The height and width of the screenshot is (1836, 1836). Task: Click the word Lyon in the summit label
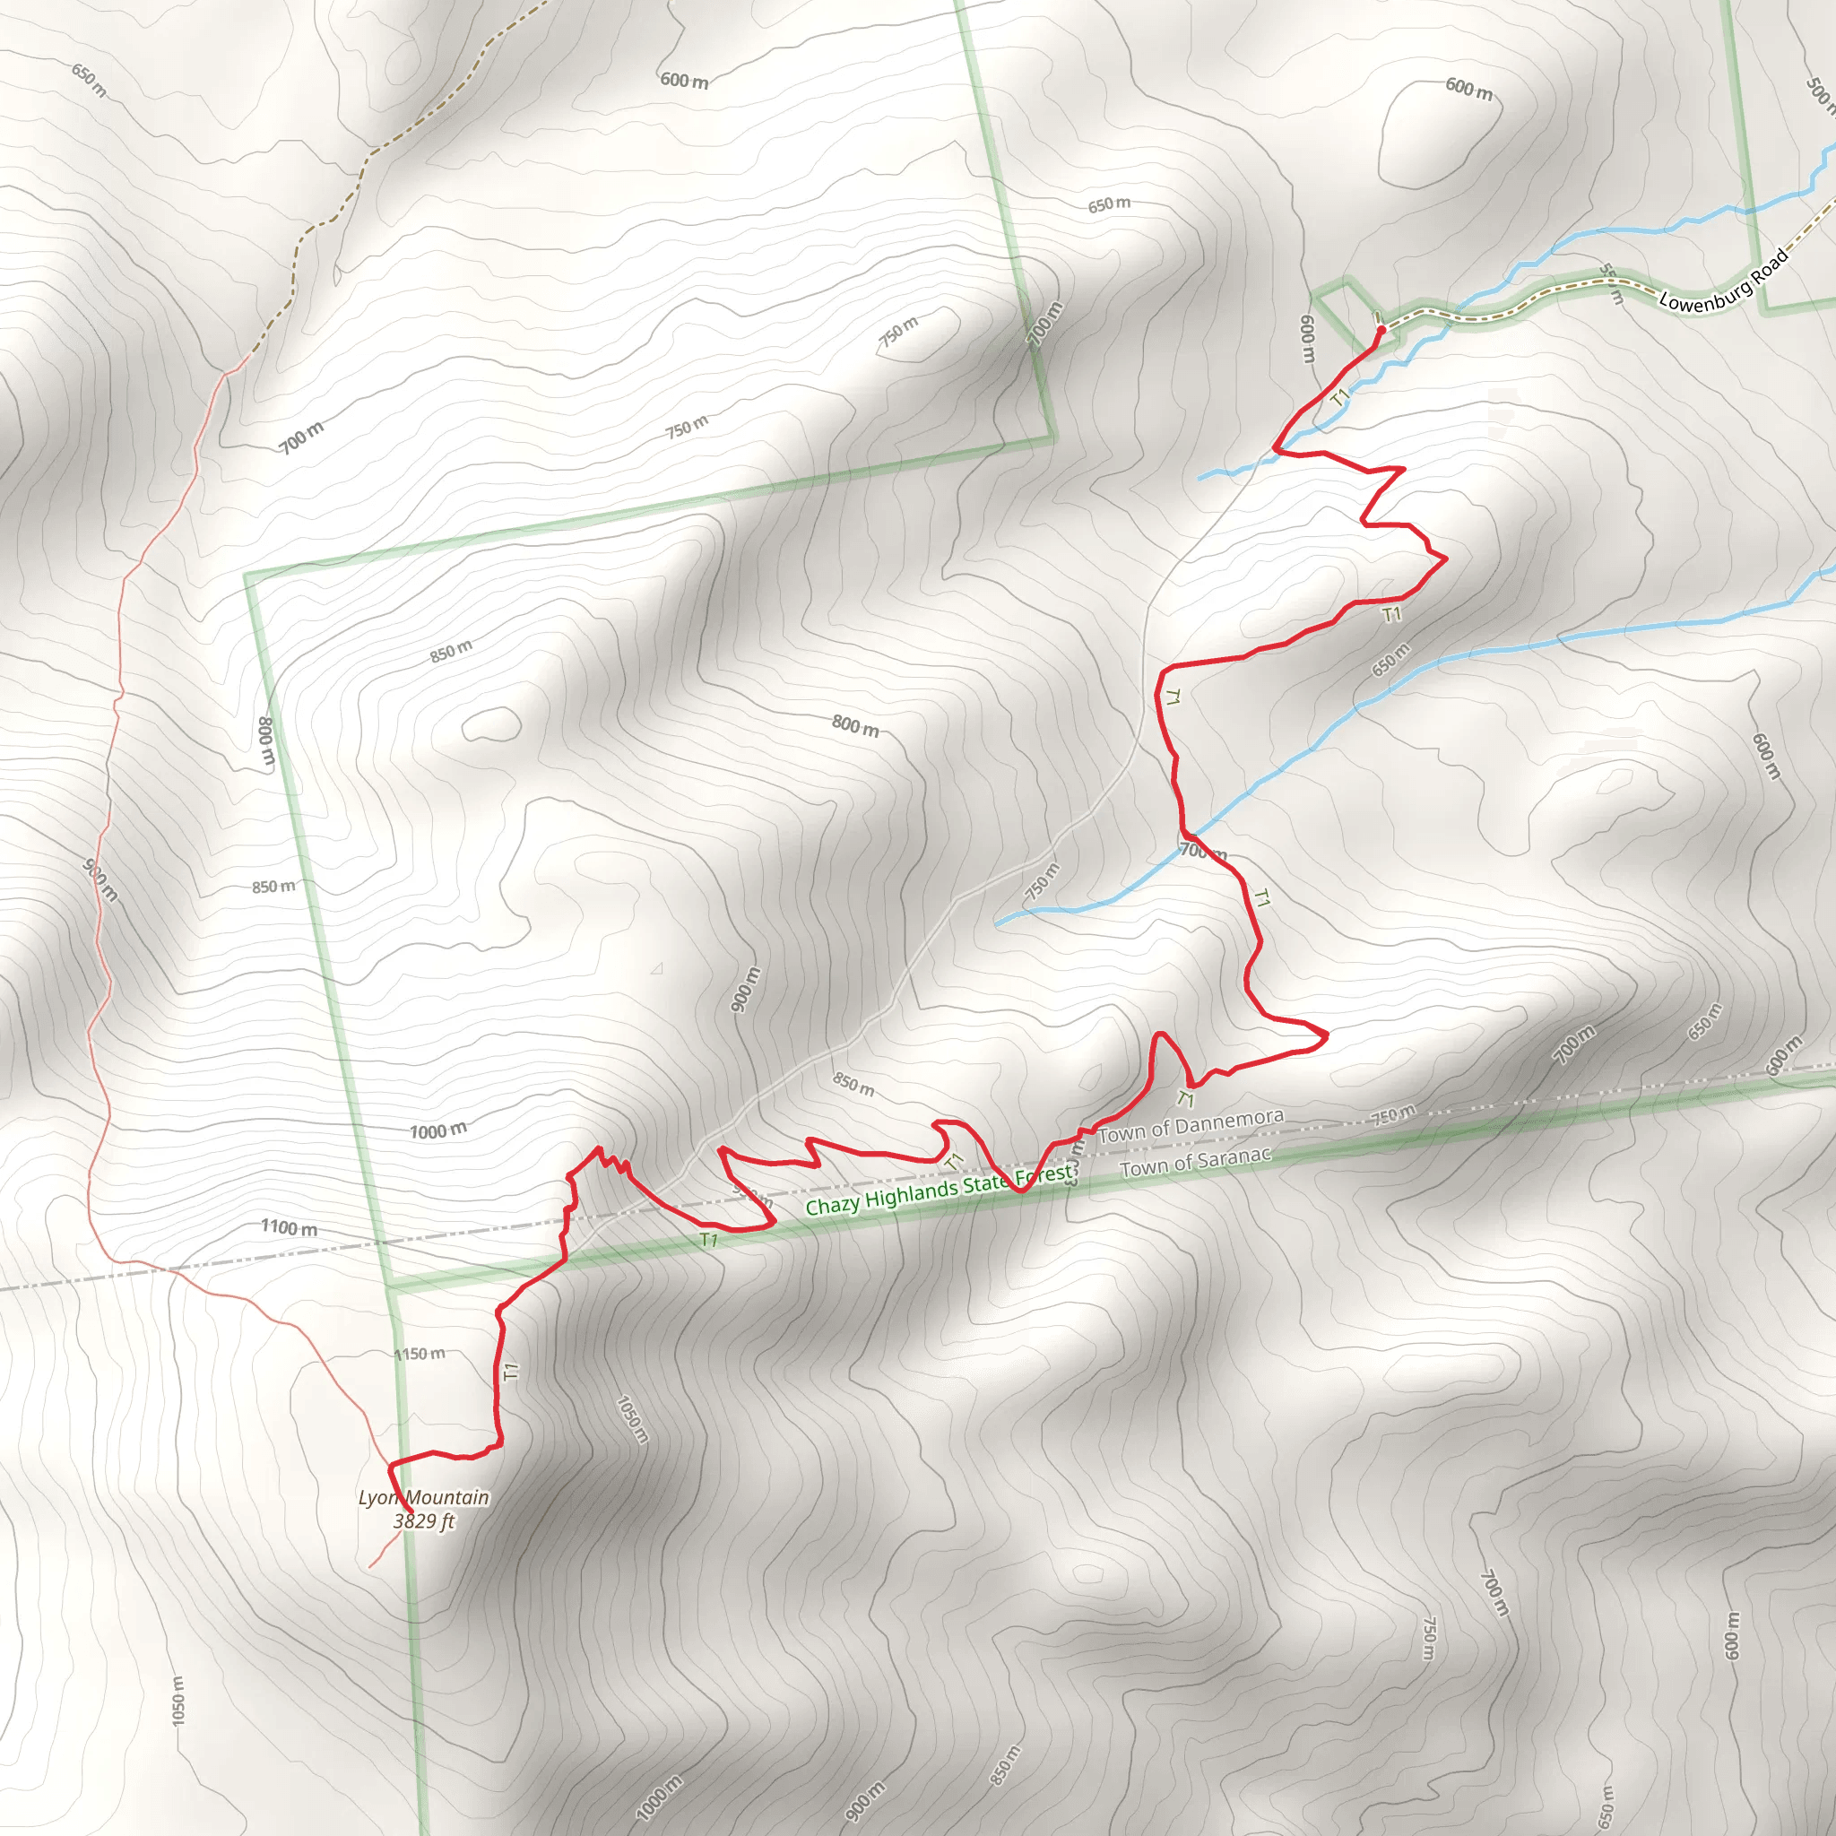[x=377, y=1498]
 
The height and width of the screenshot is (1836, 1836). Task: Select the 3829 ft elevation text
[x=424, y=1521]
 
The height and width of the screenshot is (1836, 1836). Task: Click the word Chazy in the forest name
[x=833, y=1205]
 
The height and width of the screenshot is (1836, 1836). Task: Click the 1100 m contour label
[x=290, y=1228]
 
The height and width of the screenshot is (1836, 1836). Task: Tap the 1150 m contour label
[x=419, y=1353]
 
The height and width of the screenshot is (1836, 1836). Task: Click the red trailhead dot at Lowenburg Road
[x=1381, y=330]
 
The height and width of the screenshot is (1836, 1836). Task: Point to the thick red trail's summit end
[x=410, y=1510]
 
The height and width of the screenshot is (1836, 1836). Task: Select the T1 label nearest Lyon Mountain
[x=510, y=1372]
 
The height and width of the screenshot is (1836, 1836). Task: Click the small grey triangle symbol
[x=656, y=969]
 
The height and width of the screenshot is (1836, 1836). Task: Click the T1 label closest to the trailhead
[x=1340, y=396]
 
